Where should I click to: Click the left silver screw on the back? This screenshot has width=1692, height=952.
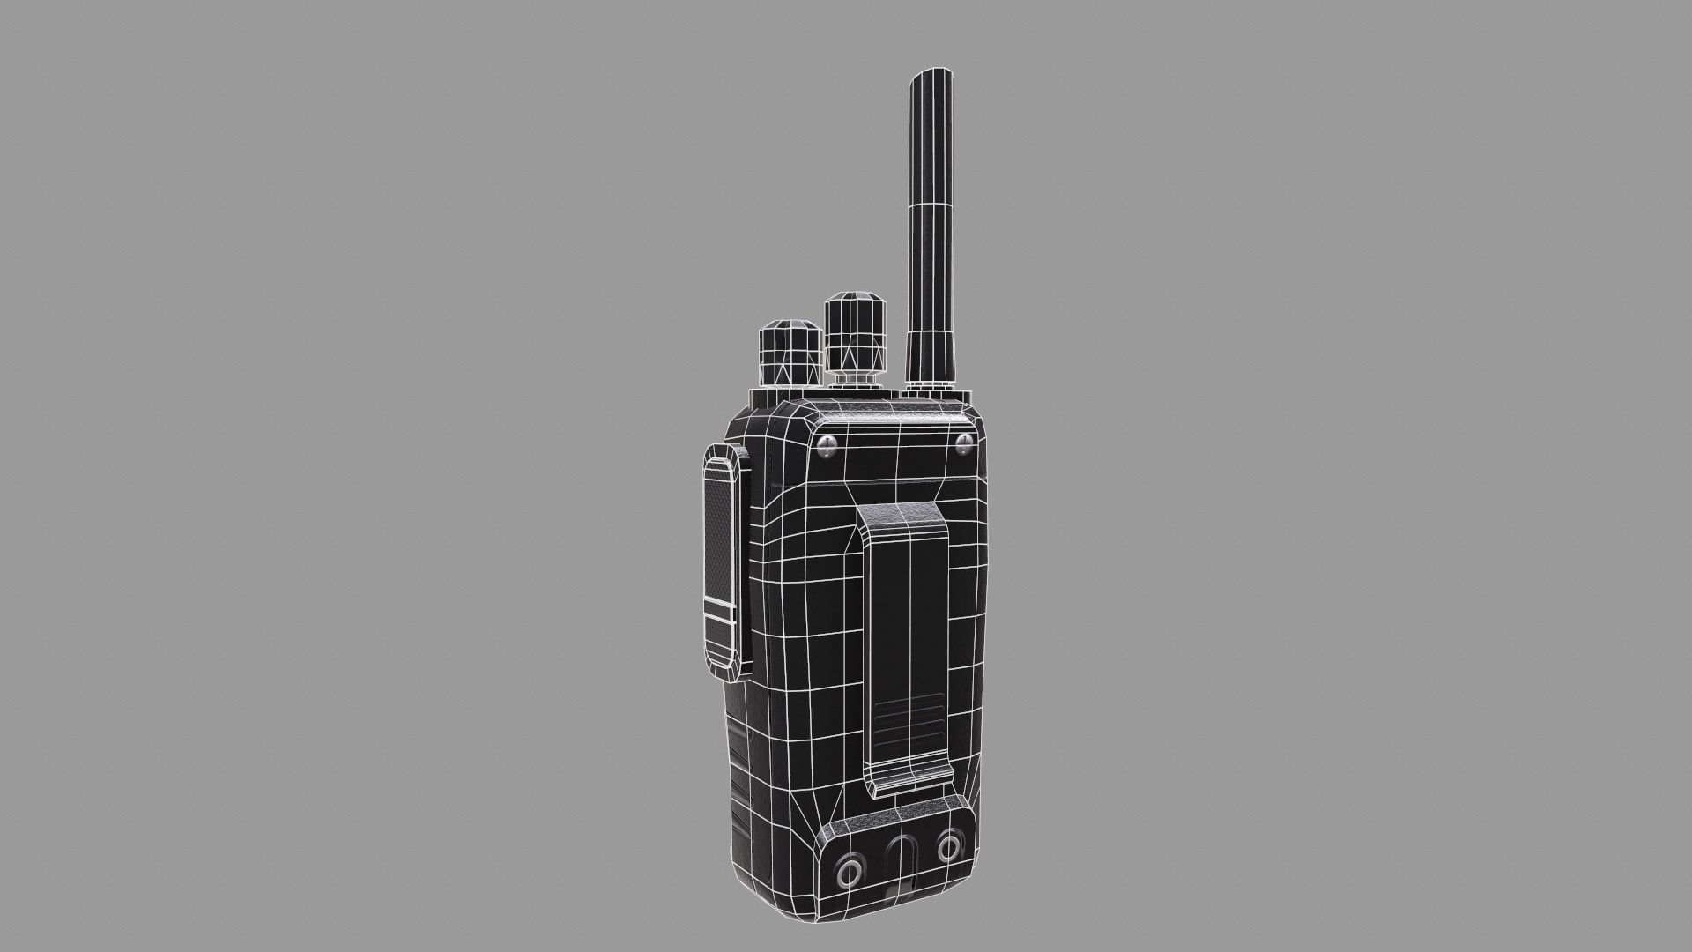pos(827,446)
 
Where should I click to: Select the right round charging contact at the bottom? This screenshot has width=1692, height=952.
pos(949,849)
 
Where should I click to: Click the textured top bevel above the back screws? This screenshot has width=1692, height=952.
pos(890,414)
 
